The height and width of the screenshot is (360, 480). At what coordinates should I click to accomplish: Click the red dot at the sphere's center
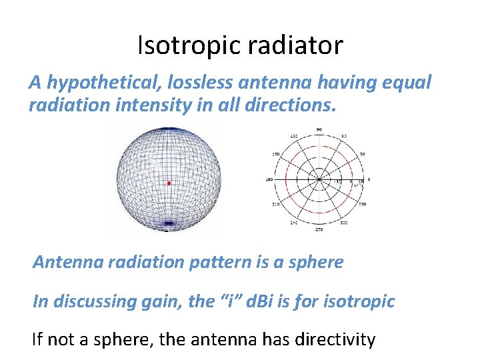coord(169,183)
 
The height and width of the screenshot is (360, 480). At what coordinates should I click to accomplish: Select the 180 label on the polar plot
coord(268,179)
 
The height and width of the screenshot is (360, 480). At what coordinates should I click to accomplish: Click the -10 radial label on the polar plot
coord(338,181)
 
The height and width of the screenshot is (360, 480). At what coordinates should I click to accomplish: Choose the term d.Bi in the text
coord(261,301)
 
